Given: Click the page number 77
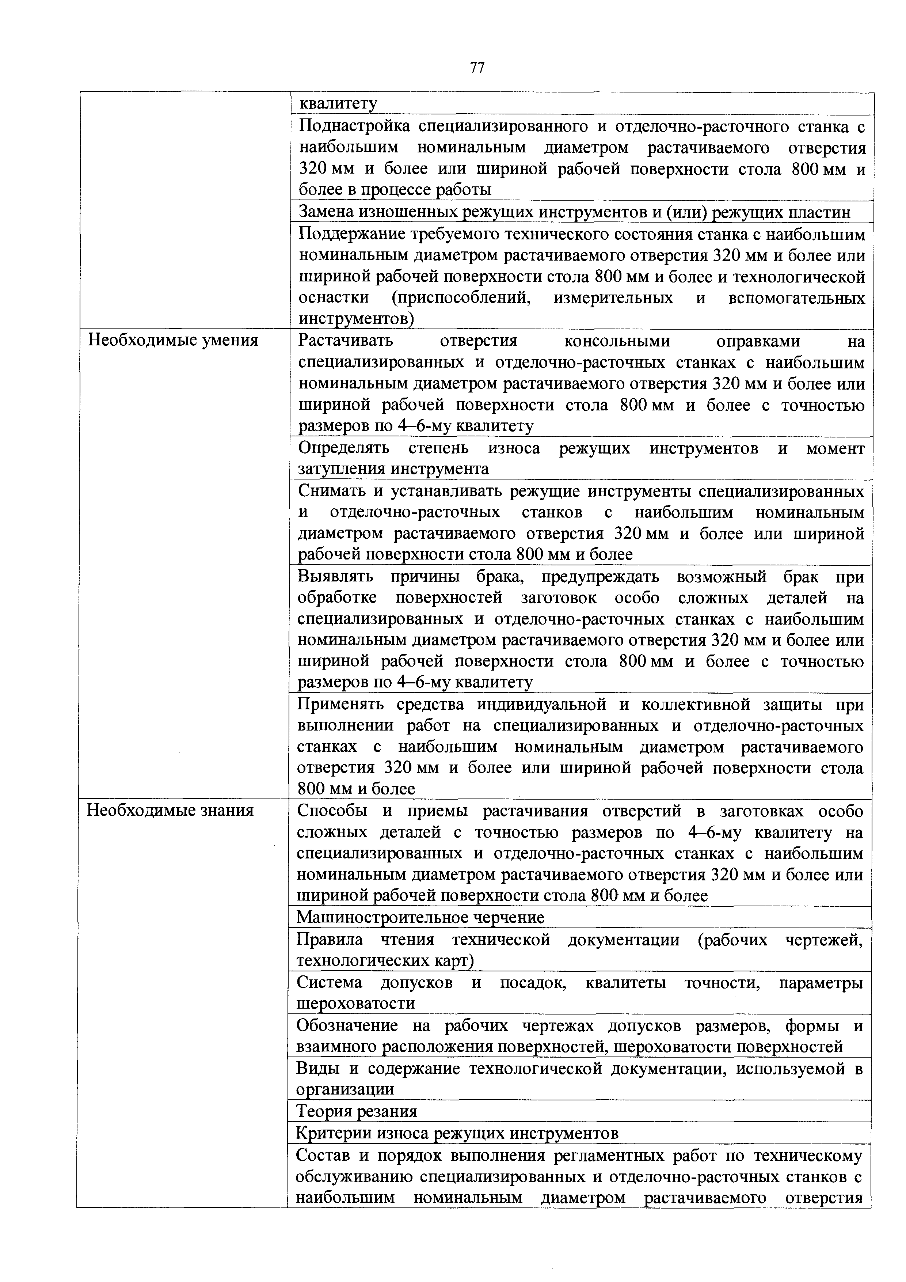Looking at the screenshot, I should [x=477, y=68].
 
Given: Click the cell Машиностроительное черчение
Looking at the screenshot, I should [x=420, y=917].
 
